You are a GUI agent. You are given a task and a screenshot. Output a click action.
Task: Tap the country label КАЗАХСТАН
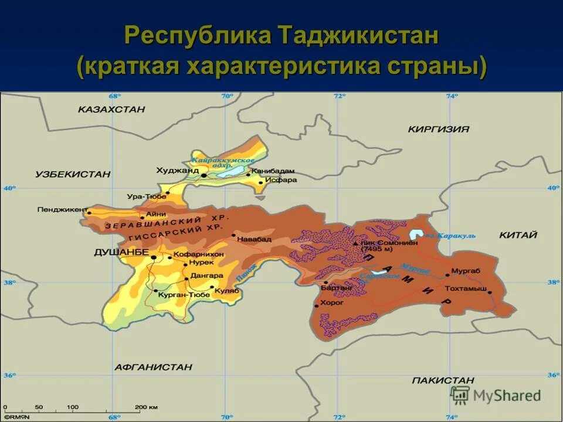click(x=111, y=109)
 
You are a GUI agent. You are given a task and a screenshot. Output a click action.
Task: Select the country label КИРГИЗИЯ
click(x=439, y=129)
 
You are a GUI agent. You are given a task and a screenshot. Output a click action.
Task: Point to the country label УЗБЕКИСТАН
click(x=73, y=174)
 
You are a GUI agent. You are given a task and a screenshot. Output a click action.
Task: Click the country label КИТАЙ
click(x=518, y=235)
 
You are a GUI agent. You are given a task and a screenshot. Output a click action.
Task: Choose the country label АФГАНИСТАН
click(x=153, y=367)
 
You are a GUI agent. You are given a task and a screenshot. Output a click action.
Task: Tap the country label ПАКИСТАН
click(x=443, y=380)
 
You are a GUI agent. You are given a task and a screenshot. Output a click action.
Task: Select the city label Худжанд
click(x=178, y=171)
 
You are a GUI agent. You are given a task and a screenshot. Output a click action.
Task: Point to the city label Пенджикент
click(x=62, y=209)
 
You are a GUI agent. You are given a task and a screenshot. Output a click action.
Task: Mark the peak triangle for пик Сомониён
click(x=355, y=243)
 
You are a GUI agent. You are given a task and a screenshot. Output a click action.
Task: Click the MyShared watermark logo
click(x=496, y=395)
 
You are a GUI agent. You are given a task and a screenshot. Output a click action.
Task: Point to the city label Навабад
click(x=256, y=239)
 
